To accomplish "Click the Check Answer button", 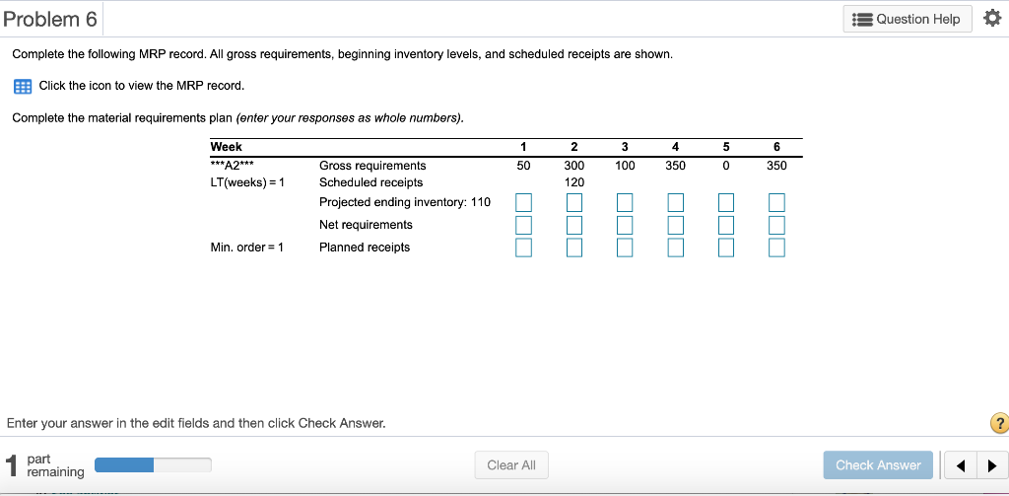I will tap(878, 465).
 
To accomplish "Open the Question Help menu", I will tap(908, 19).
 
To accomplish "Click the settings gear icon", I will tap(992, 19).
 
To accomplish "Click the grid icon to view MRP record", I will tap(21, 86).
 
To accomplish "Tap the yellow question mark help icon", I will tap(999, 424).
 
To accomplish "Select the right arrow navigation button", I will tap(991, 465).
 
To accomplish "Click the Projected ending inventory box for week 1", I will tap(524, 202).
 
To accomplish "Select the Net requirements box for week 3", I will tap(625, 225).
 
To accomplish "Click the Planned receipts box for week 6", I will tap(776, 247).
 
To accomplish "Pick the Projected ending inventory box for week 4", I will tap(675, 202).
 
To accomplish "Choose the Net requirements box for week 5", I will tap(726, 225).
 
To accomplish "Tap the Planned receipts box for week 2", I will tap(574, 247).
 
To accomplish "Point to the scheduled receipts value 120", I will tap(574, 182).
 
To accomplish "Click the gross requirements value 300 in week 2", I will tap(574, 166).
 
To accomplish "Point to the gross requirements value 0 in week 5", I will tap(726, 166).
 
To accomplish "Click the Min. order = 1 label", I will tap(247, 248).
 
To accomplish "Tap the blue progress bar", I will tap(124, 464).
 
